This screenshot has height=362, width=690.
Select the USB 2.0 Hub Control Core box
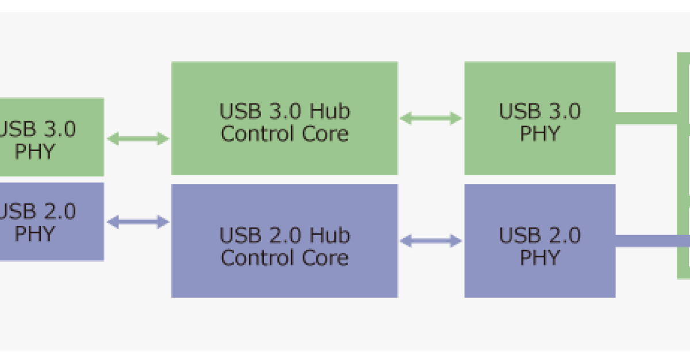[284, 282]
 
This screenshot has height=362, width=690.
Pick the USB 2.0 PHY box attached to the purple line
[539, 282]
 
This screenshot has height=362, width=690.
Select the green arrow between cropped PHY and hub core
[137, 138]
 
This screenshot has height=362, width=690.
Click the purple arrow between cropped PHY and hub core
[137, 222]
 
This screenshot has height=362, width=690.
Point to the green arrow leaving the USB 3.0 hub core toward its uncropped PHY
[431, 119]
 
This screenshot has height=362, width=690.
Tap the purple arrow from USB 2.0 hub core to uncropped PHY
[431, 241]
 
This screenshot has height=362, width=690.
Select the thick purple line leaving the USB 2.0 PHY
[650, 241]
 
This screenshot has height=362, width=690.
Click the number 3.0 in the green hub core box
[283, 111]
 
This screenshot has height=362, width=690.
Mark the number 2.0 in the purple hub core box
[283, 236]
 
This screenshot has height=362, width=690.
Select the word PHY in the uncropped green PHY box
[539, 134]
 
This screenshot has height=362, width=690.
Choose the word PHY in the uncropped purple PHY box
[539, 257]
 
